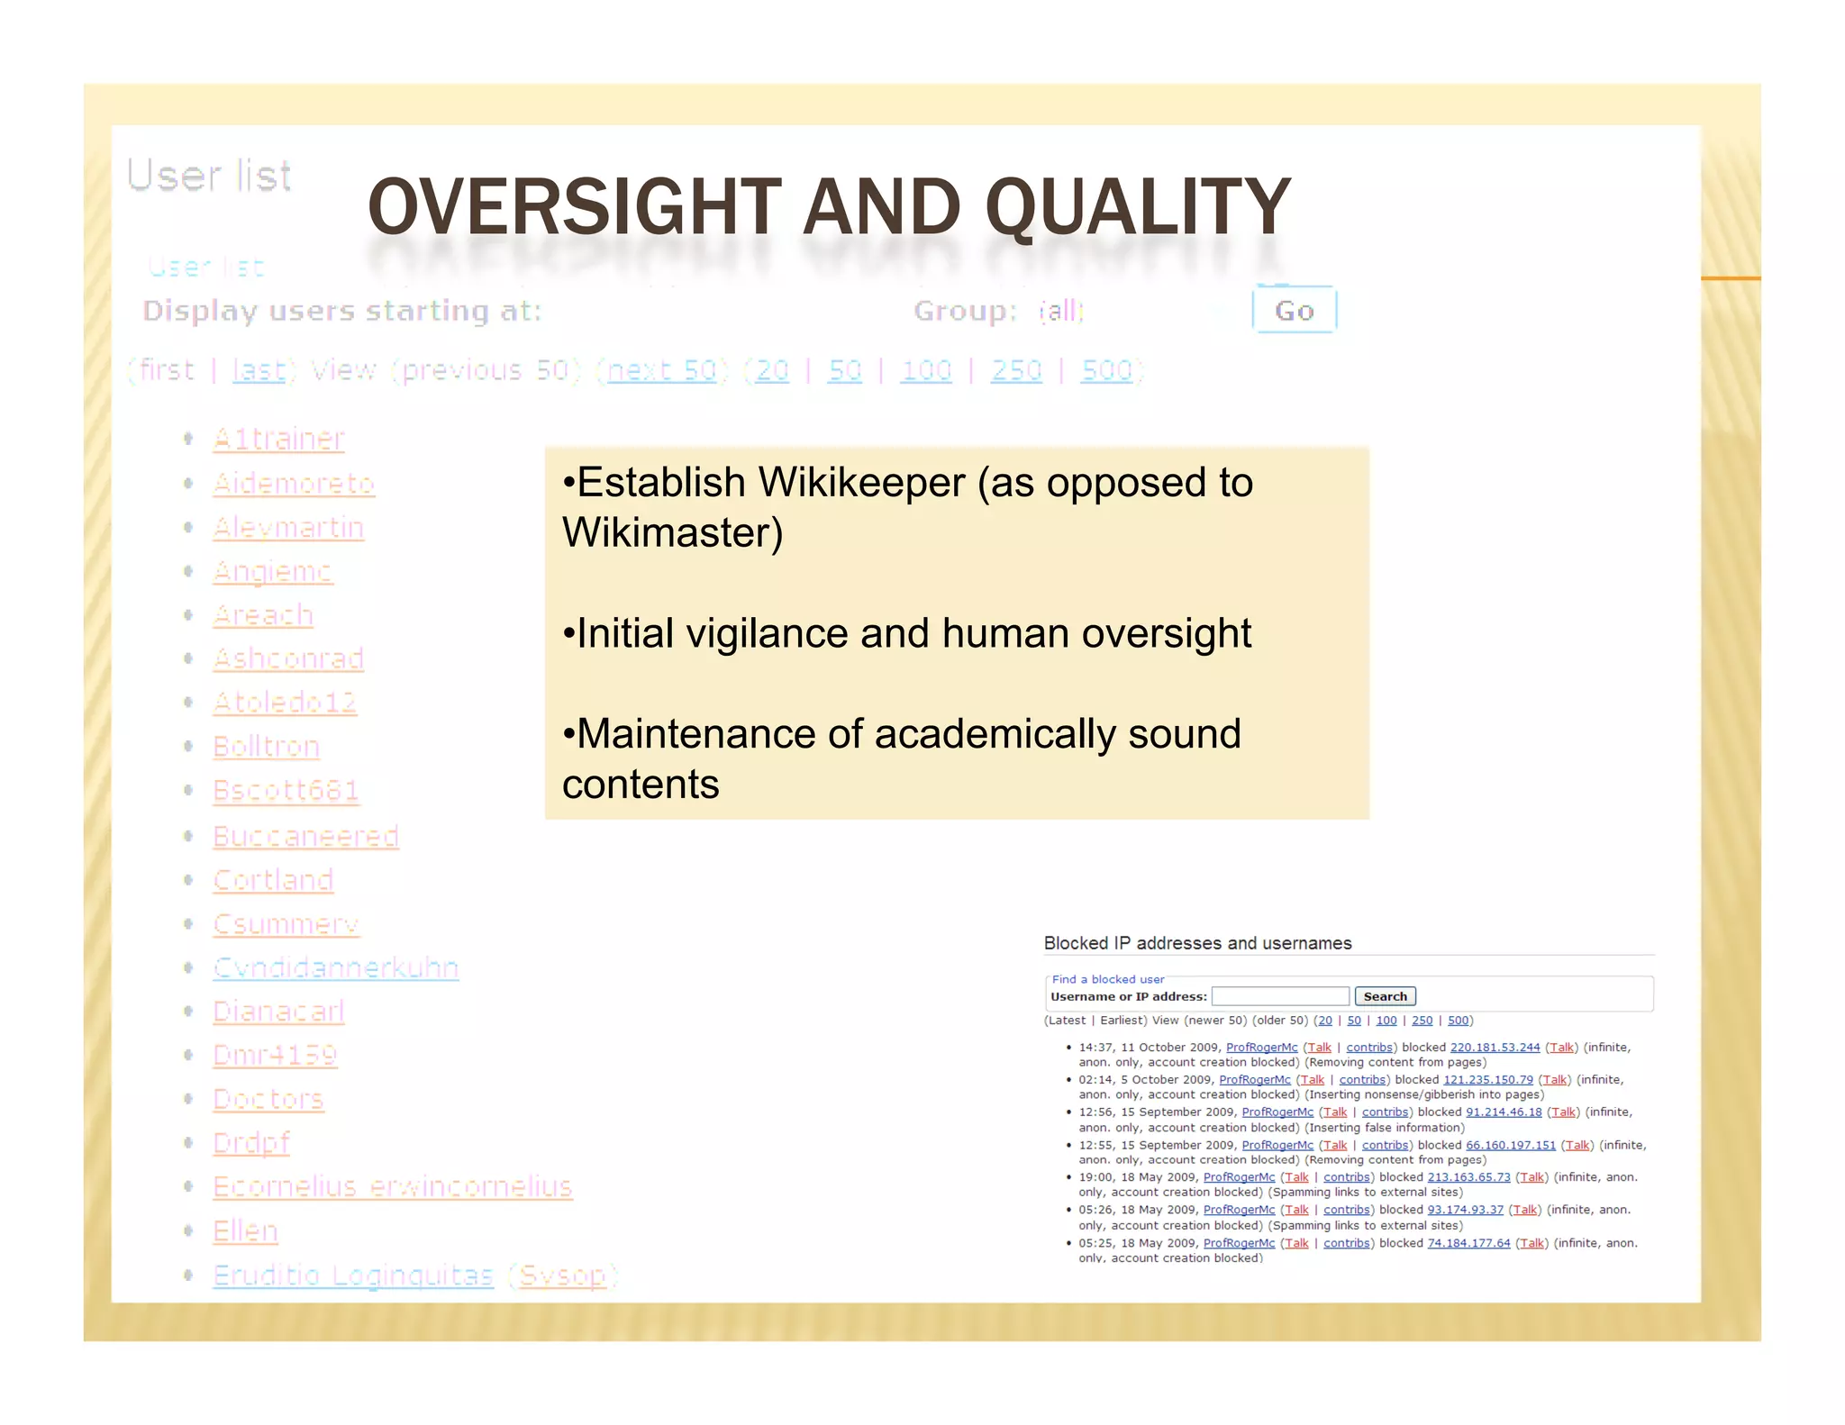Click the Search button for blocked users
coord(1385,996)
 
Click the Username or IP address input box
coord(1280,996)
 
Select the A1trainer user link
coord(278,439)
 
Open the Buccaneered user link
coord(305,836)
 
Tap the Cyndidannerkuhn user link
coord(335,967)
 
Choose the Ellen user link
coord(245,1230)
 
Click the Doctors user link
coord(268,1099)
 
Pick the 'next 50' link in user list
coord(661,370)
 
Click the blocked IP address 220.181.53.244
coord(1495,1047)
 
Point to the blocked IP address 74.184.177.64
coord(1468,1243)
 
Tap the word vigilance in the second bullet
coord(768,633)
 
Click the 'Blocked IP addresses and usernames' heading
coord(1197,943)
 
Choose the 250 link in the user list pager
coord(1015,370)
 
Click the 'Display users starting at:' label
coord(342,311)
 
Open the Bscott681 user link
coord(286,790)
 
